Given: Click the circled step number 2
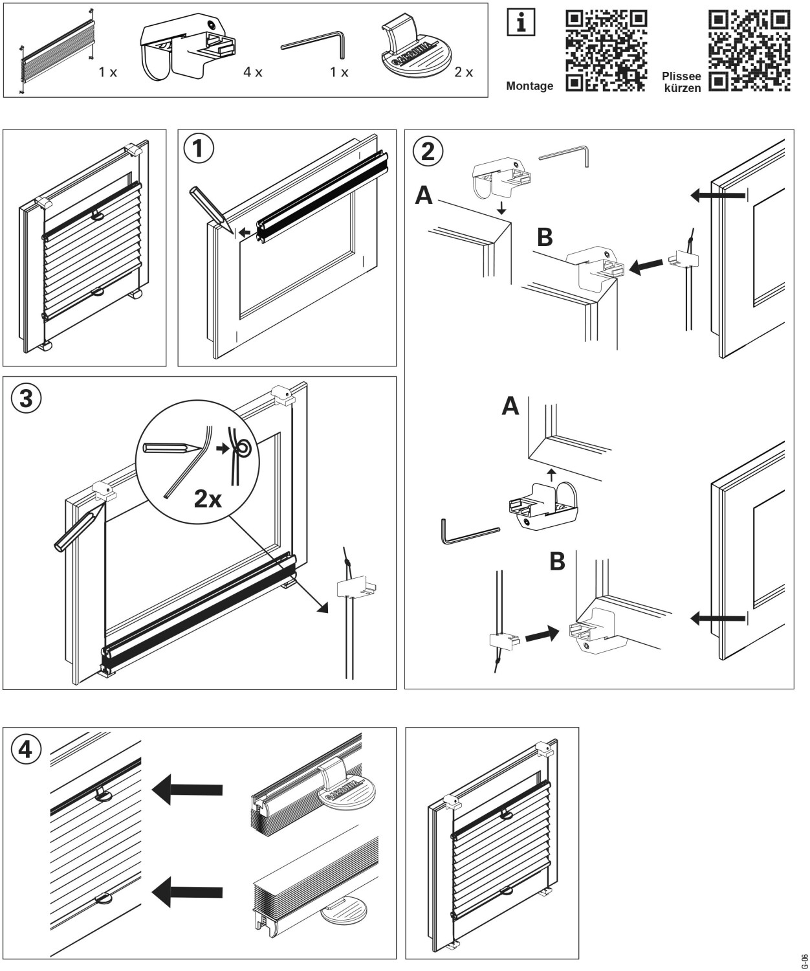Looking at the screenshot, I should pyautogui.click(x=428, y=151).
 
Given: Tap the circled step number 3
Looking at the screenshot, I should pyautogui.click(x=26, y=398).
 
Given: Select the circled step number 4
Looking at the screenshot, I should pyautogui.click(x=26, y=750).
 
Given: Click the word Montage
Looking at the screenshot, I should pyautogui.click(x=529, y=86).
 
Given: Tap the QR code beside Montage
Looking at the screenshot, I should pyautogui.click(x=606, y=49).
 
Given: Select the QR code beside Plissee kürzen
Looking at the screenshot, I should pyautogui.click(x=750, y=49).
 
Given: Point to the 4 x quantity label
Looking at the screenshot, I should pyautogui.click(x=253, y=73).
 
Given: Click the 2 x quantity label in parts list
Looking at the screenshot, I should pyautogui.click(x=463, y=73).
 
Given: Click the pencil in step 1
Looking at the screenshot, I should pyautogui.click(x=209, y=206).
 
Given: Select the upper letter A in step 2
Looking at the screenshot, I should pyautogui.click(x=424, y=195).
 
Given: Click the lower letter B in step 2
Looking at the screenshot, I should pyautogui.click(x=557, y=562).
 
